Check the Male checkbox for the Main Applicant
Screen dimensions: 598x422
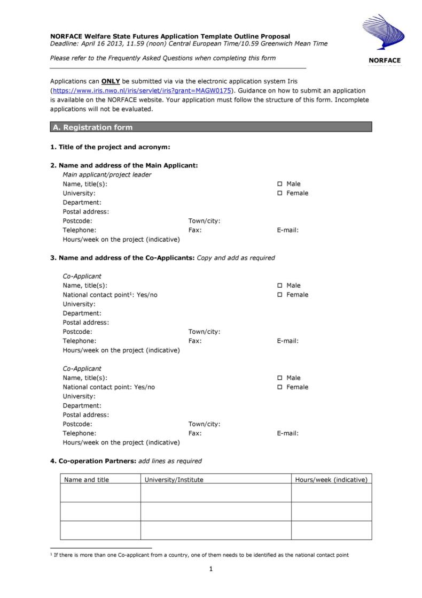[x=279, y=184]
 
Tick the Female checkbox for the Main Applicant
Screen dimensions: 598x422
[x=279, y=193]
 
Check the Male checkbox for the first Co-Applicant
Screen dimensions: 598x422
[x=279, y=286]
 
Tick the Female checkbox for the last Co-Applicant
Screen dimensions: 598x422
[x=279, y=387]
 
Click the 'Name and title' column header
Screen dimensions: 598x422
[x=87, y=480]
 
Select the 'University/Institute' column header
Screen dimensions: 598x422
[x=174, y=480]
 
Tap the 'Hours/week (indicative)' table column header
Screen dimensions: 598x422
[x=331, y=480]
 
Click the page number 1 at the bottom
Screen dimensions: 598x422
[x=212, y=569]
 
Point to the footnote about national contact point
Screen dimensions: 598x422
[x=201, y=555]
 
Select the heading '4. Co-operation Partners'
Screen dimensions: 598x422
[x=94, y=461]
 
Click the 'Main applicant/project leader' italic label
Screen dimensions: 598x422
[x=107, y=175]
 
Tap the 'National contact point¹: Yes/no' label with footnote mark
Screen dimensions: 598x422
[x=110, y=295]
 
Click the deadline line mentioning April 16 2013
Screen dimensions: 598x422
[x=189, y=44]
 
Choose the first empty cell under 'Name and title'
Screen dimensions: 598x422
[x=100, y=493]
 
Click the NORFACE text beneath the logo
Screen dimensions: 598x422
[x=384, y=60]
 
